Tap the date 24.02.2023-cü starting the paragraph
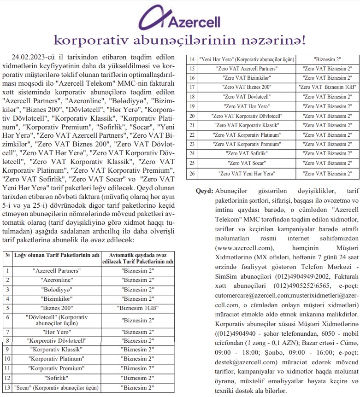click(34, 56)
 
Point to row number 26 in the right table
click(192, 173)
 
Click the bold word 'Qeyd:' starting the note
click(204, 191)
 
